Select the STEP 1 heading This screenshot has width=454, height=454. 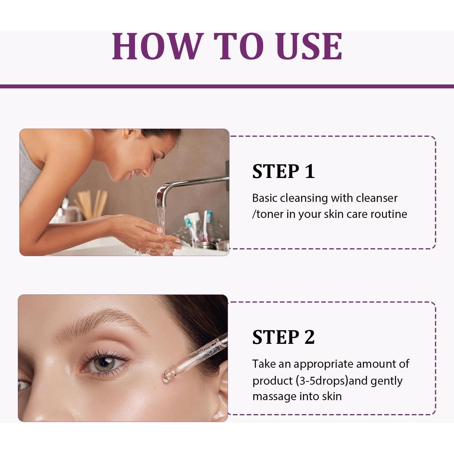pyautogui.click(x=283, y=171)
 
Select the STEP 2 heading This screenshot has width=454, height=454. pyautogui.click(x=283, y=337)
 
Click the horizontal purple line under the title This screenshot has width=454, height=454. pyautogui.click(x=227, y=86)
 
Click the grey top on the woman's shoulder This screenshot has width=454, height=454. pyautogui.click(x=29, y=169)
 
